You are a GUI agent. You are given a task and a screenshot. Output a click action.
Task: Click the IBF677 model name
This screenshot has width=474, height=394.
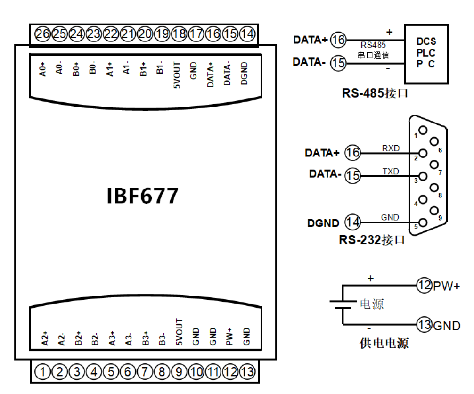pyautogui.click(x=143, y=196)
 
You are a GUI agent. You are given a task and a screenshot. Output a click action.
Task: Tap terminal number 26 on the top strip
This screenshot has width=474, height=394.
pyautogui.click(x=42, y=34)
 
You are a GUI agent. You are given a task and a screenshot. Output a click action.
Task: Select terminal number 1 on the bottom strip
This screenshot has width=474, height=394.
pyautogui.click(x=43, y=372)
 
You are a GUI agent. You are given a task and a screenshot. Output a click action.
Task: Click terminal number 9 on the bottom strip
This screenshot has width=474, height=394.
pyautogui.click(x=179, y=372)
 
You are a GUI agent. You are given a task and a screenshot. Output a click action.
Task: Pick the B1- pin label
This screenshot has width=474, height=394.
pyautogui.click(x=160, y=69)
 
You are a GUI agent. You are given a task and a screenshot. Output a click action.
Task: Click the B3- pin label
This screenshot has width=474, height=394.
pyautogui.click(x=162, y=338)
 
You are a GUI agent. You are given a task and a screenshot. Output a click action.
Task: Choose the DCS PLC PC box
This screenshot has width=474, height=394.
pyautogui.click(x=426, y=54)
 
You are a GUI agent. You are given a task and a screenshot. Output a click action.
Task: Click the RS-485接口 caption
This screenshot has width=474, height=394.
pyautogui.click(x=375, y=93)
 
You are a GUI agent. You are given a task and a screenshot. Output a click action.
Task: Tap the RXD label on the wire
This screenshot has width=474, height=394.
pyautogui.click(x=391, y=148)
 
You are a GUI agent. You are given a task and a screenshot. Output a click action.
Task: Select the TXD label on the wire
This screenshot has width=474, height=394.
pyautogui.click(x=391, y=172)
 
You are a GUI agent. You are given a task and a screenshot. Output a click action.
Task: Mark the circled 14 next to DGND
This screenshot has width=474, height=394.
pyautogui.click(x=353, y=222)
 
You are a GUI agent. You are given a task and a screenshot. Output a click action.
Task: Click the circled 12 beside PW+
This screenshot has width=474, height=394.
pyautogui.click(x=424, y=285)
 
